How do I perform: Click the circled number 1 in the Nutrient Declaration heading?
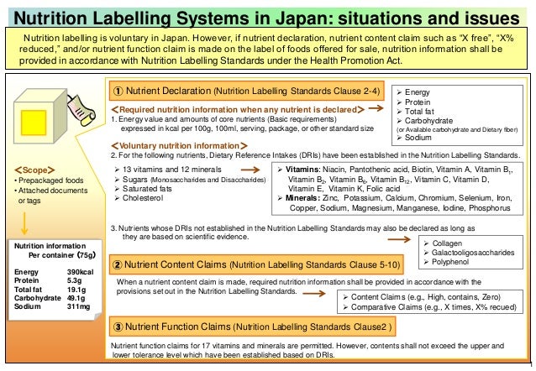pos(120,91)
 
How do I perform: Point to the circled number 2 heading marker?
pos(120,264)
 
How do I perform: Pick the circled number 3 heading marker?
pos(120,327)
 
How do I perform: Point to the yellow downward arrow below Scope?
pos(26,221)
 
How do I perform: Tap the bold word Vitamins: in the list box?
pos(300,170)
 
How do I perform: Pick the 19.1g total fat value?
pos(76,290)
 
